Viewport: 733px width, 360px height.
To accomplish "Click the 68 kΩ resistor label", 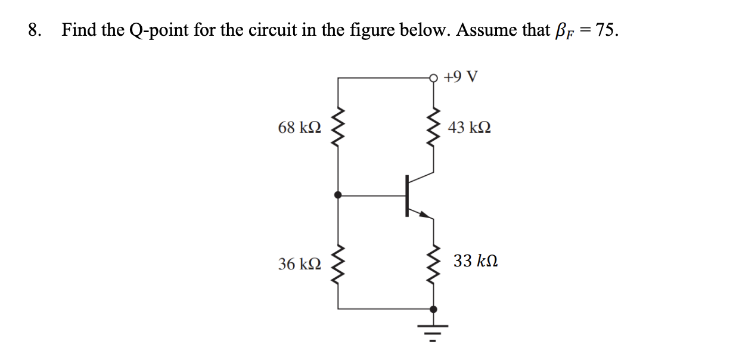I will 300,128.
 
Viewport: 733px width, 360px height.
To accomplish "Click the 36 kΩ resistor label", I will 300,263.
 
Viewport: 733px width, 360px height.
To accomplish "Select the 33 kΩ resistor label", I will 475,262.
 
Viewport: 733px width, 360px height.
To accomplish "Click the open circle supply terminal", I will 433,77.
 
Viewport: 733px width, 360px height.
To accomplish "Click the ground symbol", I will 433,331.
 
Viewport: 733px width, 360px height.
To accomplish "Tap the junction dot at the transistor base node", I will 338,194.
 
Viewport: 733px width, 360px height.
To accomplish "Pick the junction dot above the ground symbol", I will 433,309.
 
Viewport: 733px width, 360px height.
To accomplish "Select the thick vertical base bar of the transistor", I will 408,194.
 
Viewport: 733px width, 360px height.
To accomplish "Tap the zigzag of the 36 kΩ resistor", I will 338,263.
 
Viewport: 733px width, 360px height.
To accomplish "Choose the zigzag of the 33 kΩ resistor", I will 433,263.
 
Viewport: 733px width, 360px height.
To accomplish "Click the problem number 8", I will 35,30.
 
